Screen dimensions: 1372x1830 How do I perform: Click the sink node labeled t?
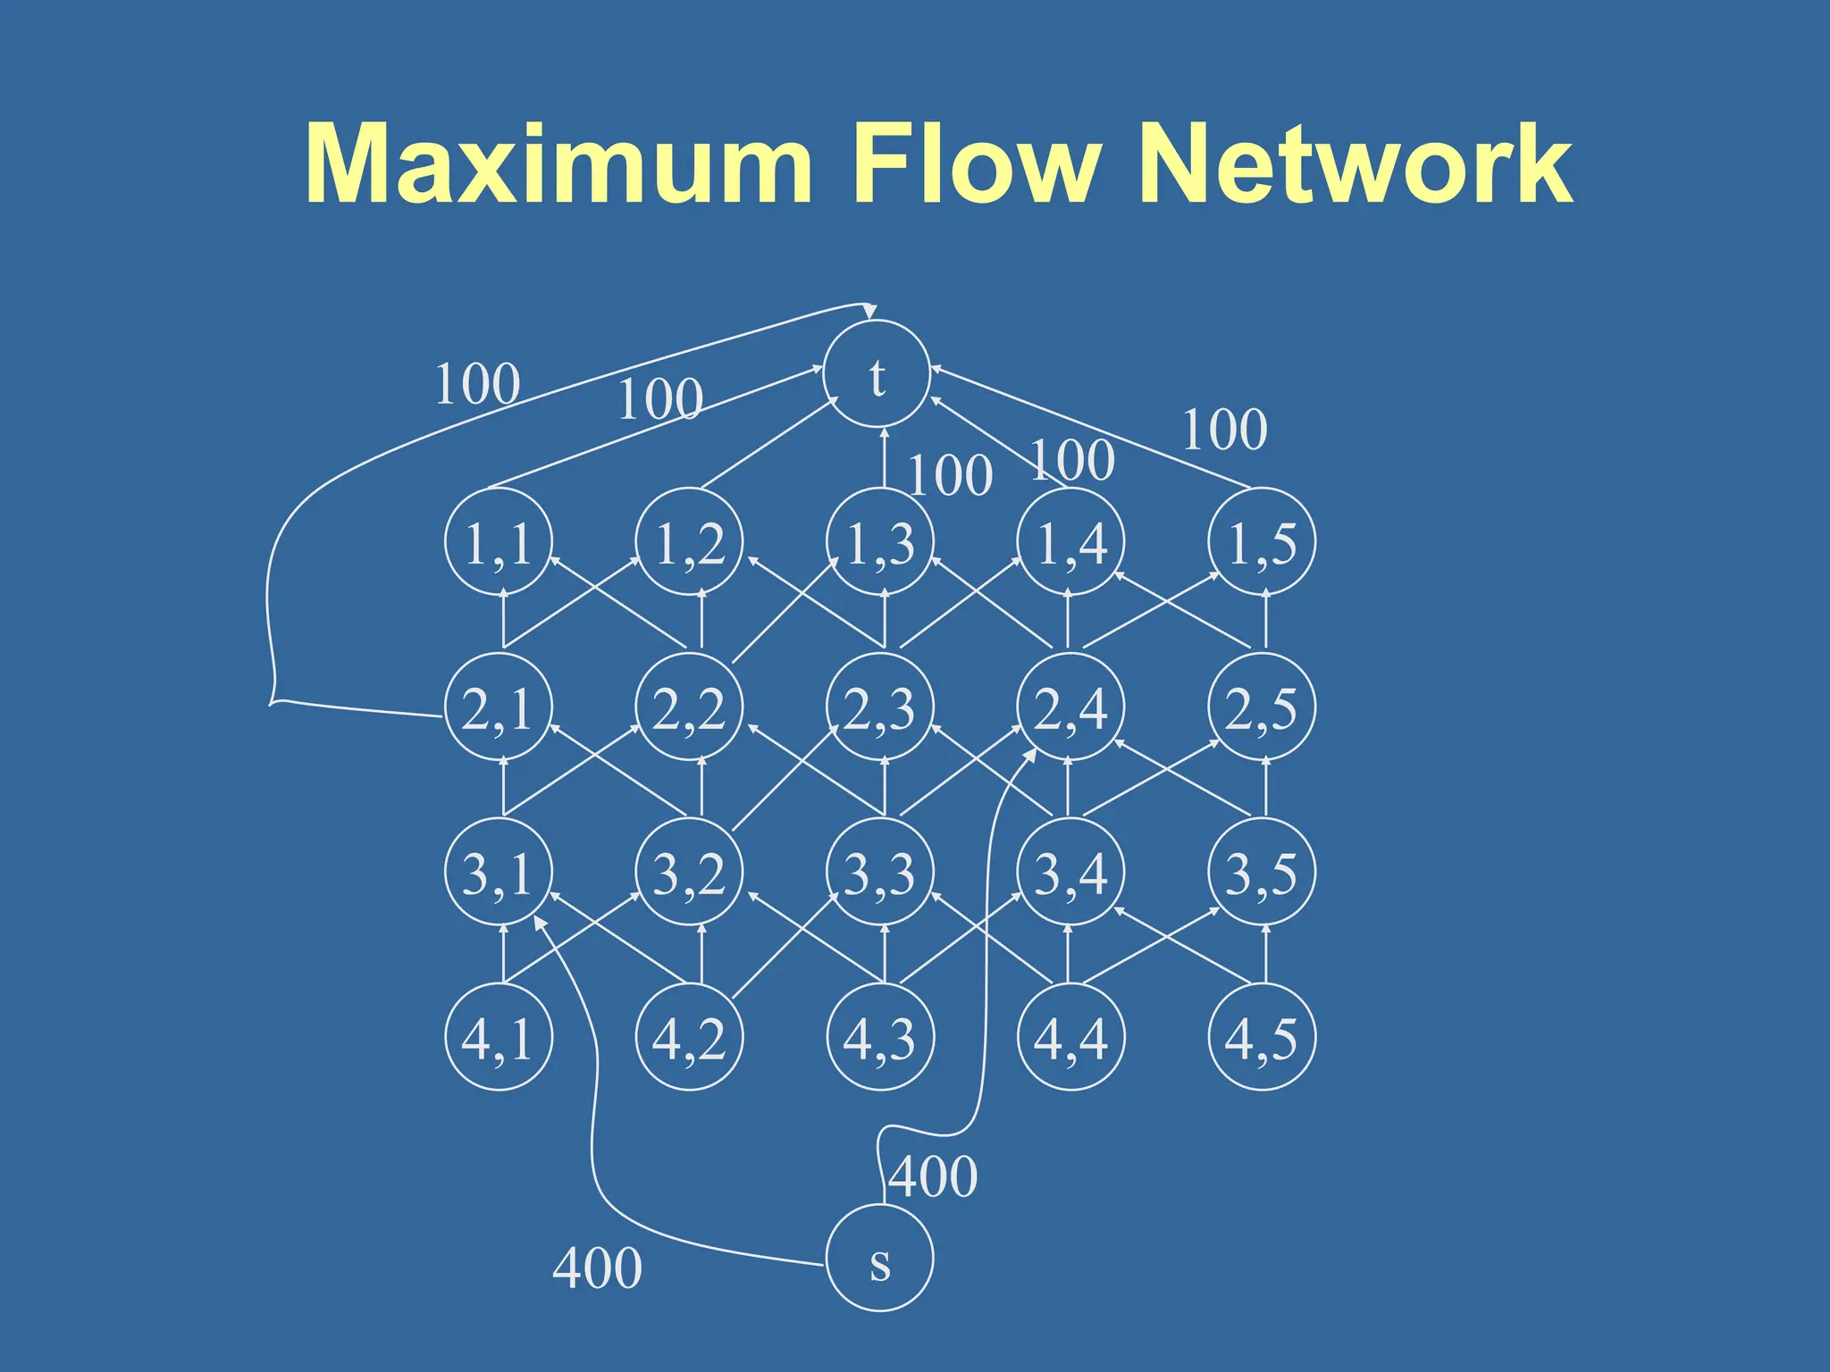click(x=877, y=373)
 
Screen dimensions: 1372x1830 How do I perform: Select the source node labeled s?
click(x=879, y=1258)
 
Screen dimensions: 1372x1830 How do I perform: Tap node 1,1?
click(x=499, y=541)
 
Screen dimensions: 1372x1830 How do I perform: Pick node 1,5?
click(x=1262, y=541)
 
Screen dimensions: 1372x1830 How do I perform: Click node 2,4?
click(x=1070, y=707)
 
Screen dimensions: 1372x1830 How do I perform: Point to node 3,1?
click(x=499, y=872)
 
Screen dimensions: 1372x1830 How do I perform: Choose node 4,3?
click(x=880, y=1037)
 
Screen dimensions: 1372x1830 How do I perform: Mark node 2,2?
click(x=689, y=707)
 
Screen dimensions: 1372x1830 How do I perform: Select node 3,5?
click(x=1262, y=872)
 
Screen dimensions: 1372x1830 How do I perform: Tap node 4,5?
click(x=1262, y=1037)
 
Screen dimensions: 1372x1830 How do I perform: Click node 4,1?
click(x=499, y=1037)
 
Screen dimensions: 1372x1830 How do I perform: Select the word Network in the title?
click(x=1355, y=164)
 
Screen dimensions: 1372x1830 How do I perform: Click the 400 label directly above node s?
click(x=933, y=1176)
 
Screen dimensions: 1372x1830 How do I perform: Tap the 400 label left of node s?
click(x=597, y=1267)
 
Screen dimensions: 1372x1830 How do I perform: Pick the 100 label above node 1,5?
click(x=1224, y=430)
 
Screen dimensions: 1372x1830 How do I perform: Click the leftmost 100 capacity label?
click(x=477, y=384)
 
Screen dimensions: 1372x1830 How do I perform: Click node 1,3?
click(x=880, y=541)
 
